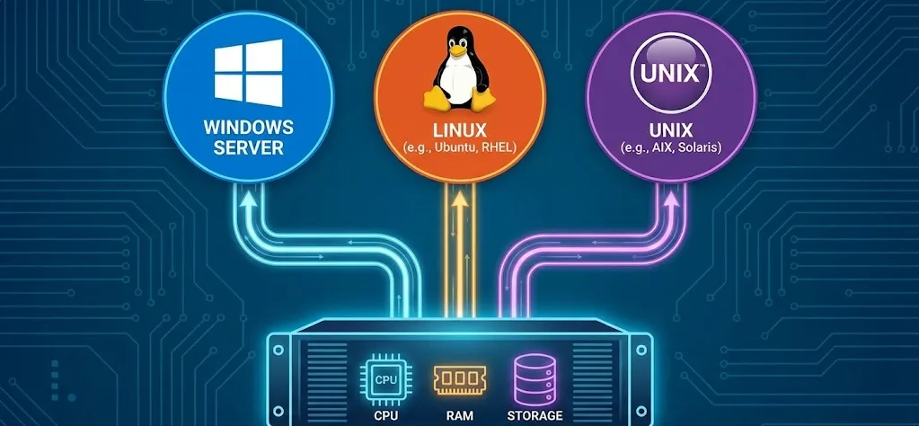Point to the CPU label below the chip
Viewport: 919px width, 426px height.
pyautogui.click(x=385, y=416)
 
